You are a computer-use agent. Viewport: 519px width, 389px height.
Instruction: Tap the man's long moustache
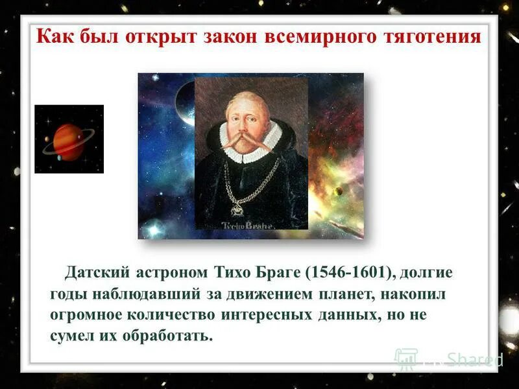coord(250,140)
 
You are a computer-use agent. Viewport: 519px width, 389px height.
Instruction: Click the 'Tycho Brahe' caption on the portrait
coord(250,225)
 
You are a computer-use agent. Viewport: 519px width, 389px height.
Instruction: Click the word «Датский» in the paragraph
coord(95,272)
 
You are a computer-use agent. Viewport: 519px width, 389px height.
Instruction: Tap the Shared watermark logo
coord(448,359)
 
